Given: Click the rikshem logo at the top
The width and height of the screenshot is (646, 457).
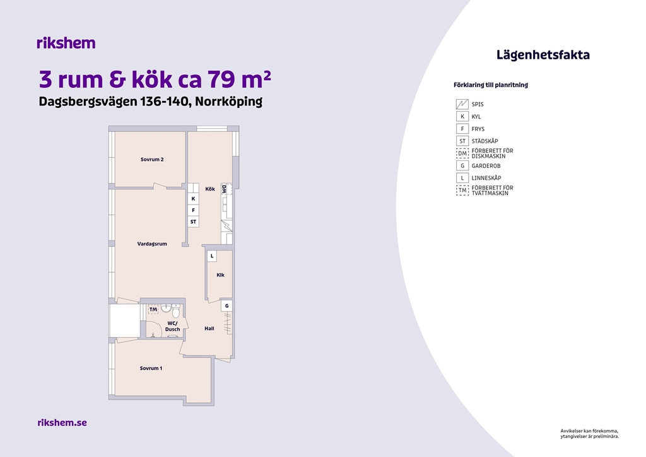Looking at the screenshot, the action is pyautogui.click(x=66, y=43).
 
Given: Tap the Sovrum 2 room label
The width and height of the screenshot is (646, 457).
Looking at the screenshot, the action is pyautogui.click(x=152, y=160).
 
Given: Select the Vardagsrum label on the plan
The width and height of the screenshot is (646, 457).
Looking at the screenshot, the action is pyautogui.click(x=152, y=244).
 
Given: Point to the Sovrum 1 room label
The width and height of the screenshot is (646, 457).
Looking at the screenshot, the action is pyautogui.click(x=151, y=369).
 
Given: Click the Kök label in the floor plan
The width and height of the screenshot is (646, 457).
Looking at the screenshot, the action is pyautogui.click(x=210, y=189).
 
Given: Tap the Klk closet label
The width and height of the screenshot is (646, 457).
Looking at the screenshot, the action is pyautogui.click(x=220, y=275).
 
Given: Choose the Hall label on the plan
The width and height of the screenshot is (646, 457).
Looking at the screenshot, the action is pyautogui.click(x=209, y=328).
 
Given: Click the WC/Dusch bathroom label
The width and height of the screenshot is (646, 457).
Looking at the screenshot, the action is pyautogui.click(x=173, y=326).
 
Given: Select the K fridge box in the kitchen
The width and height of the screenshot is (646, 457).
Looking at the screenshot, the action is pyautogui.click(x=193, y=199).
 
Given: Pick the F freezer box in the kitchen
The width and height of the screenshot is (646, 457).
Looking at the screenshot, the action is pyautogui.click(x=193, y=210).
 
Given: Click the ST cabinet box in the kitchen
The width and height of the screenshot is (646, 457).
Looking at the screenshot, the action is pyautogui.click(x=193, y=222).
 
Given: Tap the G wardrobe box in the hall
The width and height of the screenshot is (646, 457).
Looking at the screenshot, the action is pyautogui.click(x=226, y=306).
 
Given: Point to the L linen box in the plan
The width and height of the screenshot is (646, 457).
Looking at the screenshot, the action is pyautogui.click(x=212, y=256).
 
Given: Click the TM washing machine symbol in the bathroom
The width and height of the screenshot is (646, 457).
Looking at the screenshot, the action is pyautogui.click(x=153, y=309).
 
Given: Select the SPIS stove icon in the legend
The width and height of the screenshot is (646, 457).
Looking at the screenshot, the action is pyautogui.click(x=462, y=104).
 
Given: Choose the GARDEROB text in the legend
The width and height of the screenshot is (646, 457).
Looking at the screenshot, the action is pyautogui.click(x=486, y=166).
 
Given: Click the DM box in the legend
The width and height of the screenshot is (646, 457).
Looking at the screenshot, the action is pyautogui.click(x=462, y=153).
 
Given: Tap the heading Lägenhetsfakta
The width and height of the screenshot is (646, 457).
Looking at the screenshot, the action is pyautogui.click(x=543, y=55).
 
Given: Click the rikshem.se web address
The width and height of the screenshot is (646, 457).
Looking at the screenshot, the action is pyautogui.click(x=62, y=422).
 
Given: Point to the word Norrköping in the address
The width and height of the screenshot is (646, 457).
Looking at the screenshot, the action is pyautogui.click(x=228, y=102).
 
